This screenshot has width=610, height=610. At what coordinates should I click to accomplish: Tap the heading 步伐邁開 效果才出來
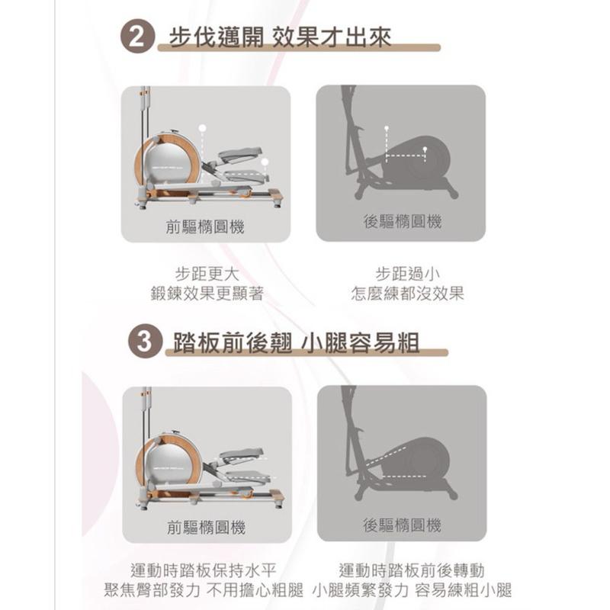point(279,37)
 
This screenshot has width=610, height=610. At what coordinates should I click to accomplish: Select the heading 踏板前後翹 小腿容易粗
point(297,342)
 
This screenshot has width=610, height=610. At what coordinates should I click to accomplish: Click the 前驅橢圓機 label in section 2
point(206,227)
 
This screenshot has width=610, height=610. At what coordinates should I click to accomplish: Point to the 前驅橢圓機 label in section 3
point(206,528)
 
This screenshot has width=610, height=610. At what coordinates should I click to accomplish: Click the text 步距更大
point(206,274)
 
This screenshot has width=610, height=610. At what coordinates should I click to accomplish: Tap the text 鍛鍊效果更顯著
point(206,294)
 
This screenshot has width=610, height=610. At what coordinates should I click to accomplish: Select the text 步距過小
point(407,274)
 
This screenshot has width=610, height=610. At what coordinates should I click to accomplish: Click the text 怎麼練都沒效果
point(407,294)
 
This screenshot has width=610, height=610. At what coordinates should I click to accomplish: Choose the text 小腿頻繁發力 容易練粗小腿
point(412,590)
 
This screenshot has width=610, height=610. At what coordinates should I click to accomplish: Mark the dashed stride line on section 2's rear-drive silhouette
point(405,156)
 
